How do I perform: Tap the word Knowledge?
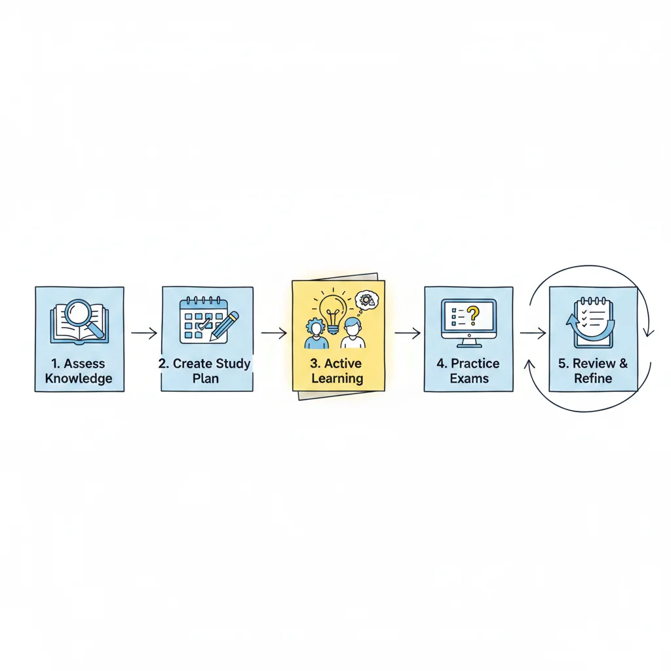[79, 379]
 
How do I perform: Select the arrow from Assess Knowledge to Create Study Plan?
[144, 333]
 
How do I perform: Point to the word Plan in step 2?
[205, 379]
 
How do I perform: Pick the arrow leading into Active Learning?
[274, 333]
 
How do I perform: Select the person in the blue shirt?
[316, 334]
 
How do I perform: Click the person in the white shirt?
[353, 334]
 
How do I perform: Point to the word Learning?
[337, 379]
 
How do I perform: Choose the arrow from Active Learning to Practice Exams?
[408, 333]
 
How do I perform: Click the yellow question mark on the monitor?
[473, 316]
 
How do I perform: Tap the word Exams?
[469, 379]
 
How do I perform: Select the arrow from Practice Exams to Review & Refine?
[533, 333]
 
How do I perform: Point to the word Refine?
[593, 378]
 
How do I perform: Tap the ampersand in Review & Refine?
[624, 363]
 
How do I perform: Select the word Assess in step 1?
[85, 364]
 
